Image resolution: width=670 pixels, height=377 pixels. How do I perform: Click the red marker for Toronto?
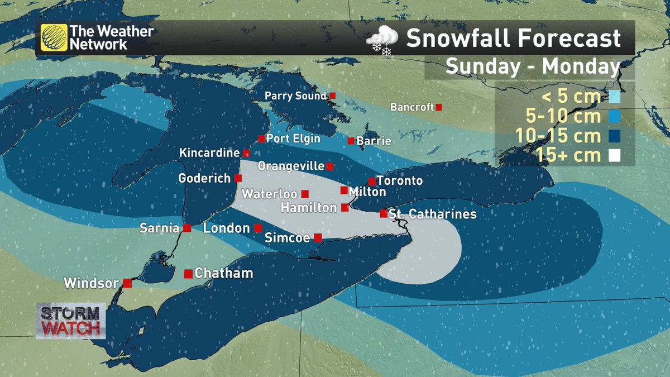(371, 182)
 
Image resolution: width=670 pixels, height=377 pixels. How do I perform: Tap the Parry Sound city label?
(295, 96)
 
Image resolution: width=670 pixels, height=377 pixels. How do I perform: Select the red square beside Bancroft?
(439, 107)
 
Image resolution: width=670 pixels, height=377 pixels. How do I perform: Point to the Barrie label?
(374, 141)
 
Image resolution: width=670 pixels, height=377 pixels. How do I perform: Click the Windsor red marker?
(127, 283)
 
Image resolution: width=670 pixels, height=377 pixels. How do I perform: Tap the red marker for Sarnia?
(187, 228)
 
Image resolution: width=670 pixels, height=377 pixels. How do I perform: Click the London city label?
(226, 228)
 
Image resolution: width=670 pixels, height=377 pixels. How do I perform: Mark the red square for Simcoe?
(318, 237)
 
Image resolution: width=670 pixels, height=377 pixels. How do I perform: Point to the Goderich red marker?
(238, 178)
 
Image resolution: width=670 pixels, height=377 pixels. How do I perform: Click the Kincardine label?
(209, 152)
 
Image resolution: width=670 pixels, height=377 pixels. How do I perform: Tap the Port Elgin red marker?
(261, 139)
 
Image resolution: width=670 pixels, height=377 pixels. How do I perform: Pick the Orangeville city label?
(291, 166)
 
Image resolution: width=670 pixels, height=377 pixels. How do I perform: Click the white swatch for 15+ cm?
(614, 156)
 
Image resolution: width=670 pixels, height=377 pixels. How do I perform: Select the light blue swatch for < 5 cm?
(614, 97)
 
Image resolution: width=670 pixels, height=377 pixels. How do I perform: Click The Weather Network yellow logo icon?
(54, 38)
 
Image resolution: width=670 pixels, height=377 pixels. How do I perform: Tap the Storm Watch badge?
(71, 321)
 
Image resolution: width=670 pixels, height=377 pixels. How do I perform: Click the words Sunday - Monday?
(533, 67)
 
